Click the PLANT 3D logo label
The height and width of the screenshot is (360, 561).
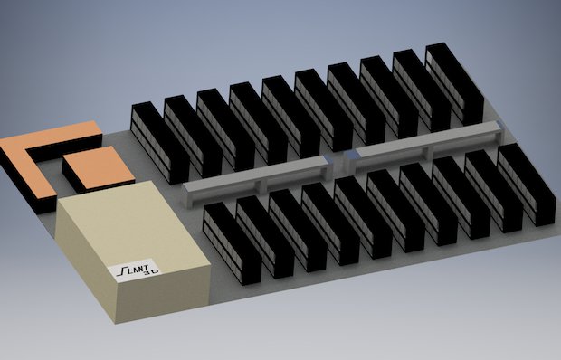click(x=135, y=270)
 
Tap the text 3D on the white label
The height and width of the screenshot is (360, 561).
click(x=150, y=272)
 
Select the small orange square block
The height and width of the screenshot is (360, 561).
click(x=100, y=168)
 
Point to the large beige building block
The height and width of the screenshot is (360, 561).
click(x=132, y=251)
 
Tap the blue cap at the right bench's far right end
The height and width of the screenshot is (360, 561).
click(x=500, y=125)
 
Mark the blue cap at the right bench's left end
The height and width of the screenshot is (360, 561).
click(x=351, y=154)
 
